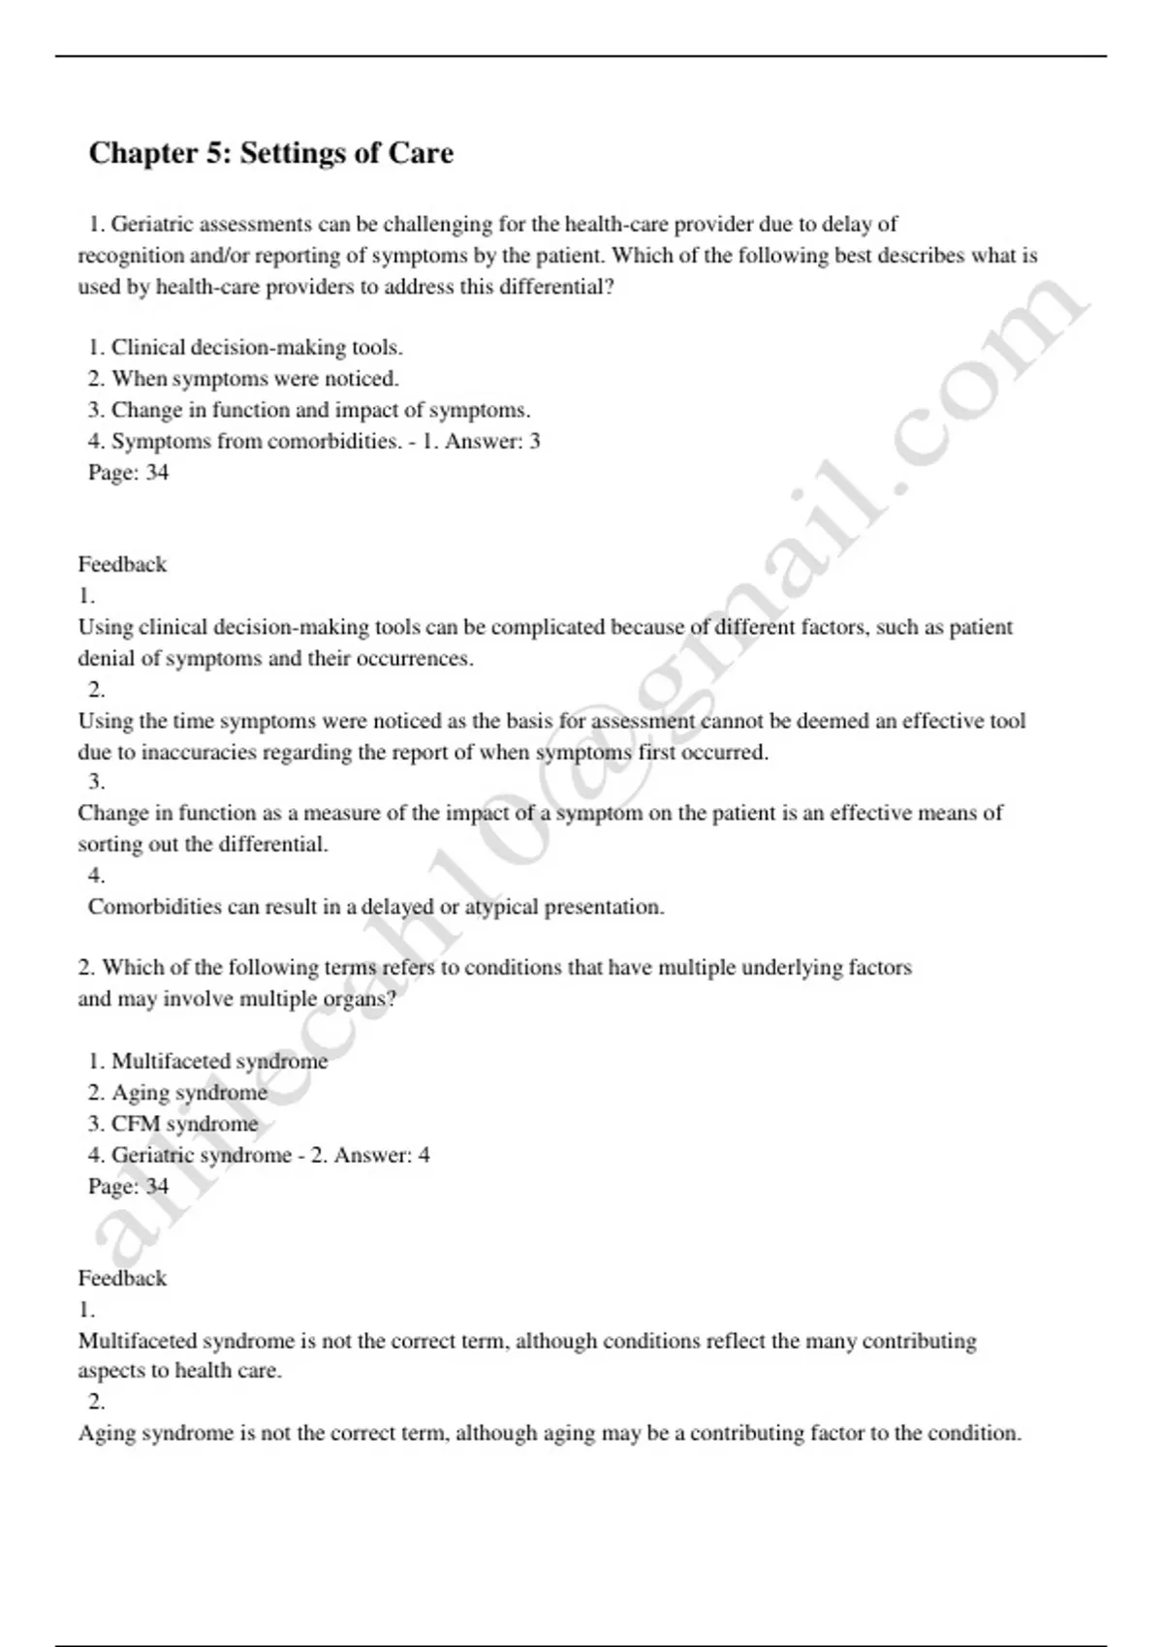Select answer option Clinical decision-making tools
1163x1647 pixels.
point(256,347)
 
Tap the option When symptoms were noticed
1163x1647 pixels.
point(254,378)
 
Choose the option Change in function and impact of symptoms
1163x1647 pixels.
point(320,409)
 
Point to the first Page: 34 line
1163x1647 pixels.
point(128,472)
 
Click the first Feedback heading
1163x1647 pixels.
point(122,564)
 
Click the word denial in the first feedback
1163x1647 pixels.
point(107,658)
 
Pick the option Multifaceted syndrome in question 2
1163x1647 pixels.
point(219,1061)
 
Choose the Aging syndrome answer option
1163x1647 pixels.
point(189,1092)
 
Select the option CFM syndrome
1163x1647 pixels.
point(184,1123)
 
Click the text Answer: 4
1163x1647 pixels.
point(382,1155)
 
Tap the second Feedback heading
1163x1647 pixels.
point(122,1278)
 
